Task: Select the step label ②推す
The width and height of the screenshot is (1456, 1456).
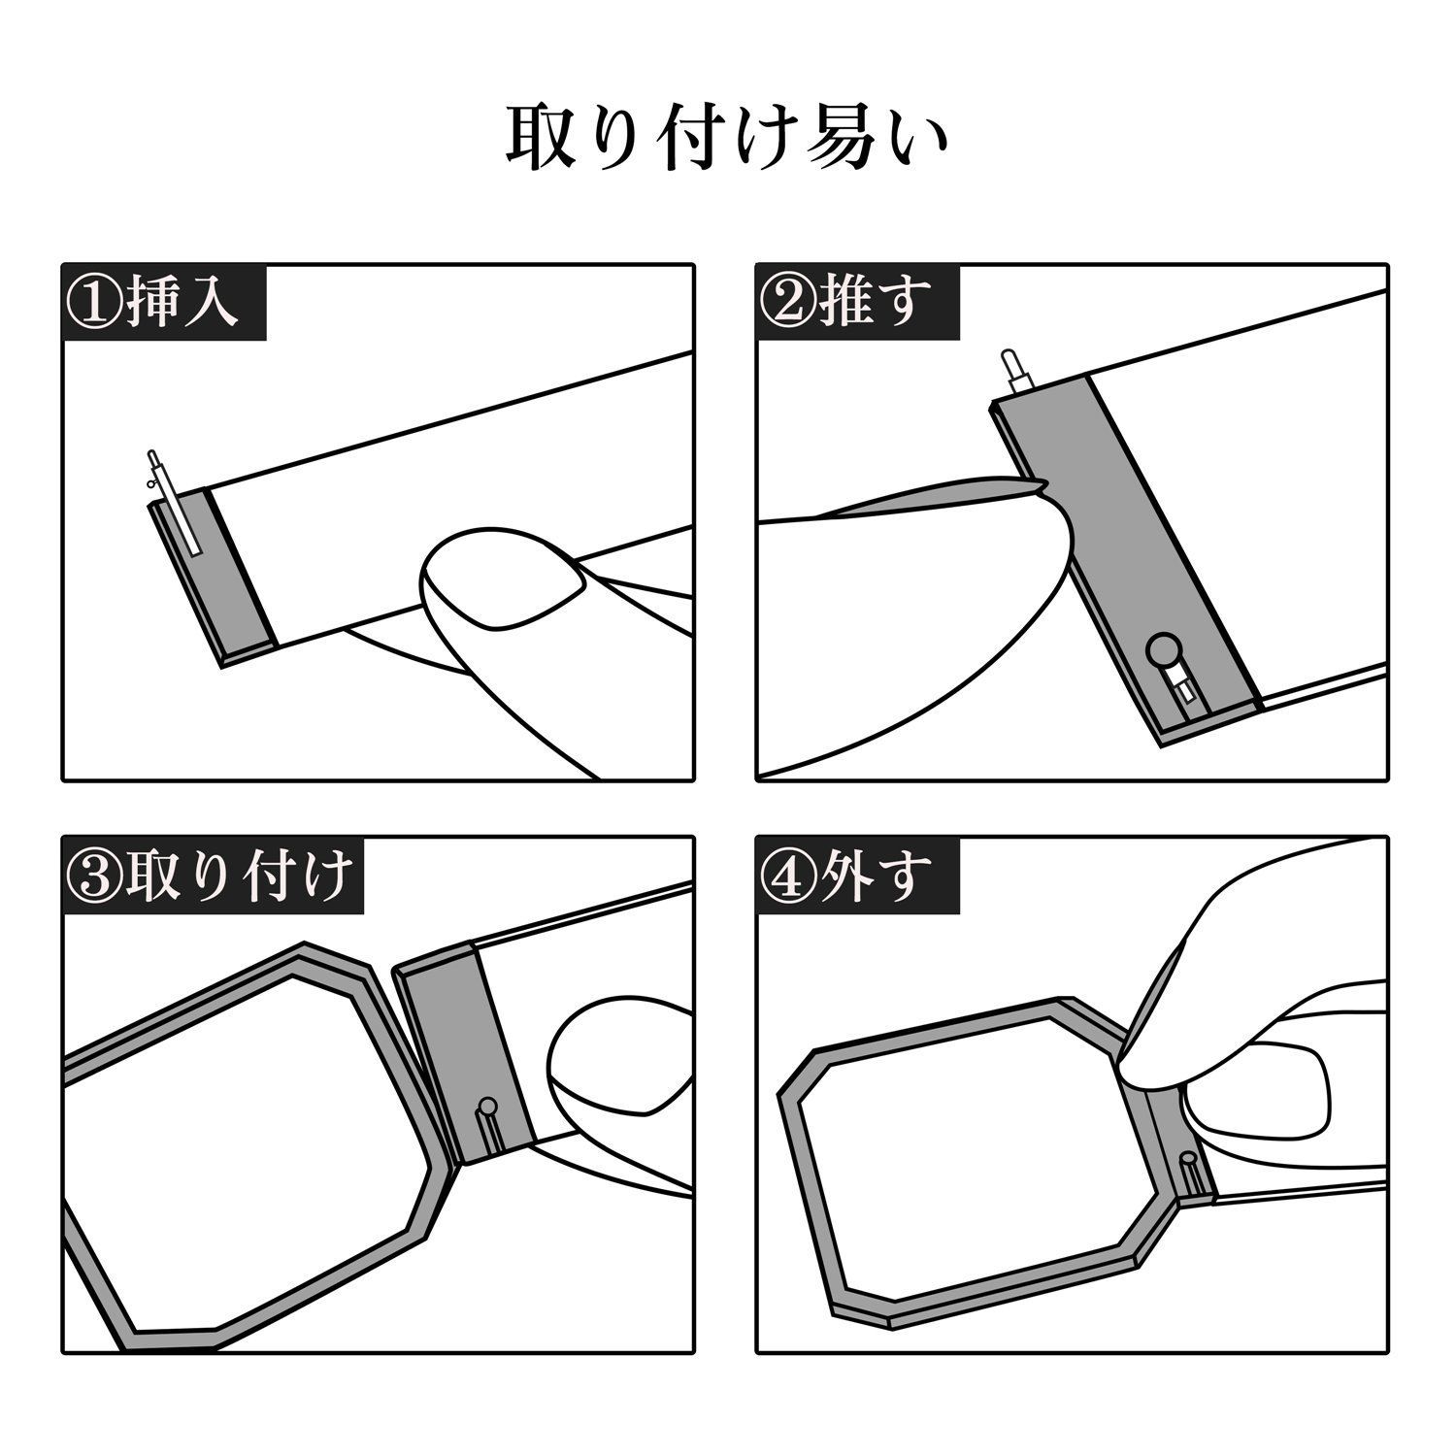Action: coord(845,302)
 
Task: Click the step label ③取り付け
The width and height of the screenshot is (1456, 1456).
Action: coord(207,875)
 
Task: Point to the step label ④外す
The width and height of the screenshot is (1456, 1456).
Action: coord(845,875)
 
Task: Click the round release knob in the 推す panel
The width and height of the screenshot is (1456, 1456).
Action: coord(1161,647)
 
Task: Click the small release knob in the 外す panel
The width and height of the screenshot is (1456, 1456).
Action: coord(1187,1158)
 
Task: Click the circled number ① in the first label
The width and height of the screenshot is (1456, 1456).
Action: coord(92,303)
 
